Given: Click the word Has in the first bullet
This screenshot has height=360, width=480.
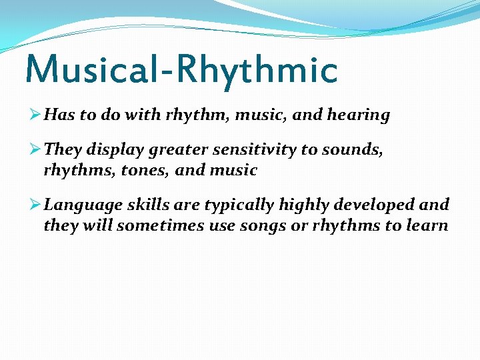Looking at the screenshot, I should tap(60, 115).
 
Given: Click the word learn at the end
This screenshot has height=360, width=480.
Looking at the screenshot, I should tap(425, 225).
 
